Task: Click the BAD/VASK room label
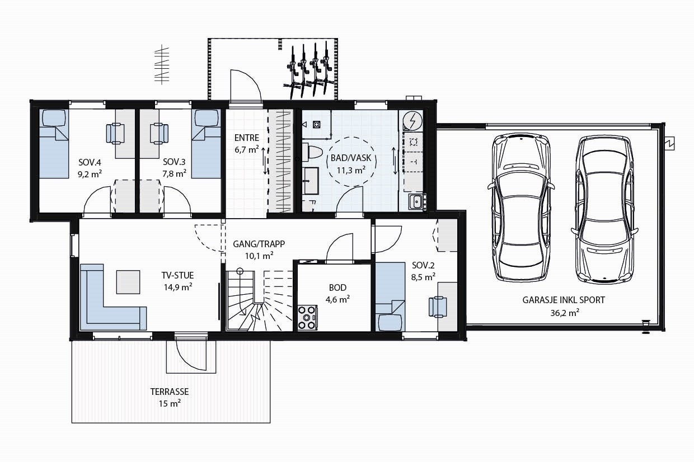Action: pos(351,163)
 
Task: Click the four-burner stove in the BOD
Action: pos(308,317)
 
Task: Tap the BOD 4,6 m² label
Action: pos(337,293)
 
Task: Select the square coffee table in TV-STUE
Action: pos(128,282)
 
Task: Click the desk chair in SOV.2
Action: pos(438,307)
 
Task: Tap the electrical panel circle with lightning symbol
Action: pos(413,121)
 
